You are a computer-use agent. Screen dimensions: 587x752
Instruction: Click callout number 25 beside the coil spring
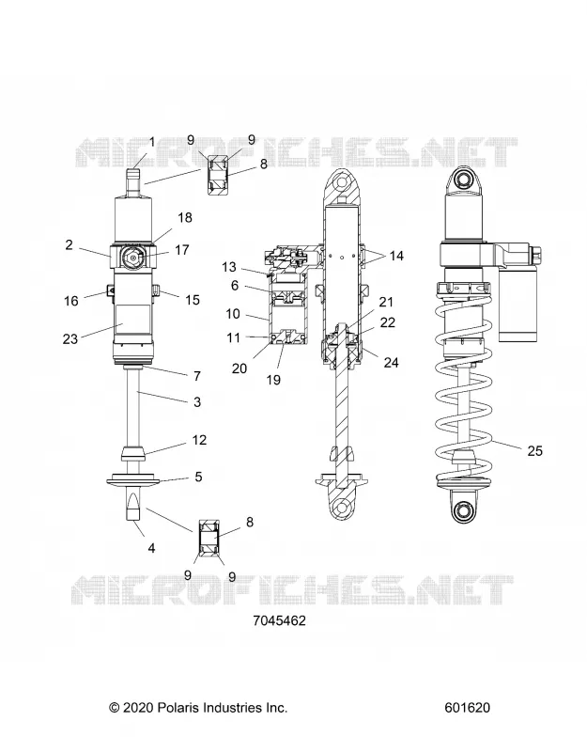click(534, 451)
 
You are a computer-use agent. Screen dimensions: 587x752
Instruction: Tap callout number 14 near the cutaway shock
click(396, 256)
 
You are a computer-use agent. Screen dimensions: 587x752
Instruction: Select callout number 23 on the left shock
click(70, 339)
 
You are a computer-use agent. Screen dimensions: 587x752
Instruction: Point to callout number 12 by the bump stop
click(199, 440)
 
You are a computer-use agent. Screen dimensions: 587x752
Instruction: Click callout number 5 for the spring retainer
click(198, 477)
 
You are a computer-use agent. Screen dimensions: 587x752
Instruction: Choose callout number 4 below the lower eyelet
click(151, 548)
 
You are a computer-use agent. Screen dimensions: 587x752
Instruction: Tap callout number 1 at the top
click(152, 143)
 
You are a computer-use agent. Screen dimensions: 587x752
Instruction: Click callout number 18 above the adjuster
click(185, 218)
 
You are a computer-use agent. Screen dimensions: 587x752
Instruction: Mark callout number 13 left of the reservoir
click(229, 267)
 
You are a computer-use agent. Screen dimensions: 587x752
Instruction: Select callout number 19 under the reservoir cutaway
click(273, 380)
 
